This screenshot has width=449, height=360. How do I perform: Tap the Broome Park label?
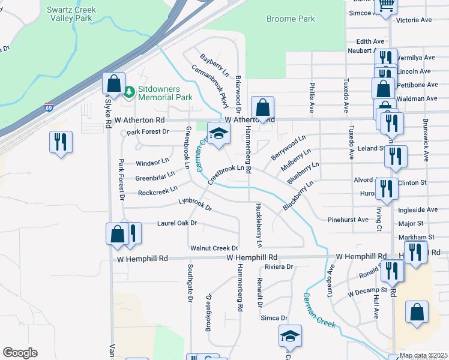coord(291,19)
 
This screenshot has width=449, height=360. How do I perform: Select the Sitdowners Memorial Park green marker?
coord(129,92)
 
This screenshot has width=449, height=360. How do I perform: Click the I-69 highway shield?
coord(49,108)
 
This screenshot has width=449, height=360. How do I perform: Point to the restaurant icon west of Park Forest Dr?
coord(61,142)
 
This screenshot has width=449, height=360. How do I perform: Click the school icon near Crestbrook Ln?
coord(218,134)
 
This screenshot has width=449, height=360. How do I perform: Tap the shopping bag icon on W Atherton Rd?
coord(262,109)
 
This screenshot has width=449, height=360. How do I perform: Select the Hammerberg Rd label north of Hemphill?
coord(249,153)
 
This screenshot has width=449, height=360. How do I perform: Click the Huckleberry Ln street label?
coord(259,226)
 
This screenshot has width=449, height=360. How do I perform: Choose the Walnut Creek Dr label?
coord(214,248)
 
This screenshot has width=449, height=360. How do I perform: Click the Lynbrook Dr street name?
coord(196,204)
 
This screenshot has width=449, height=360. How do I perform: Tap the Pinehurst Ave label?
coord(348,220)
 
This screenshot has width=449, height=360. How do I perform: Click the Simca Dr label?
coord(274,318)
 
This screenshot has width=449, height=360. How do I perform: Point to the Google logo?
coord(20,352)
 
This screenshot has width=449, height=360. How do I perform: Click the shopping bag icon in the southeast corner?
coord(417,313)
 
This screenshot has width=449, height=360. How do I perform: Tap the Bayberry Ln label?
coord(215,64)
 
